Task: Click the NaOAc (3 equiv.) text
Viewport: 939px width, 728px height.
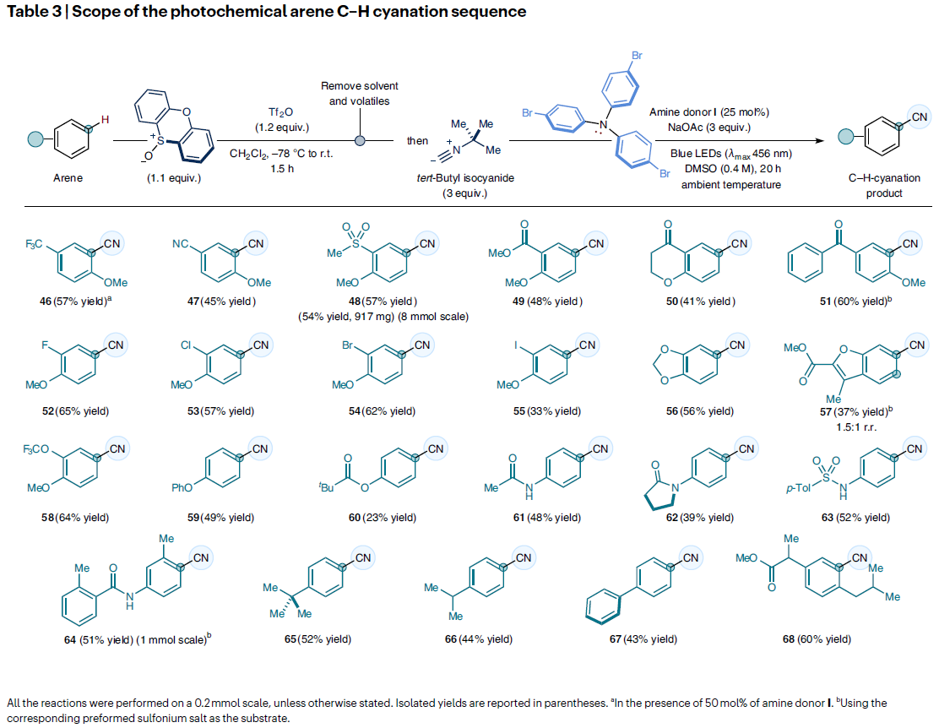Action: [x=708, y=128]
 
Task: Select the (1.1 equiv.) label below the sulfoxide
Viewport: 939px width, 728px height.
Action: [x=174, y=179]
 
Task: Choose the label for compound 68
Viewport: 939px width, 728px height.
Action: [x=817, y=639]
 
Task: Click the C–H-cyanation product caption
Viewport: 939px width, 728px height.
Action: [x=884, y=186]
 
